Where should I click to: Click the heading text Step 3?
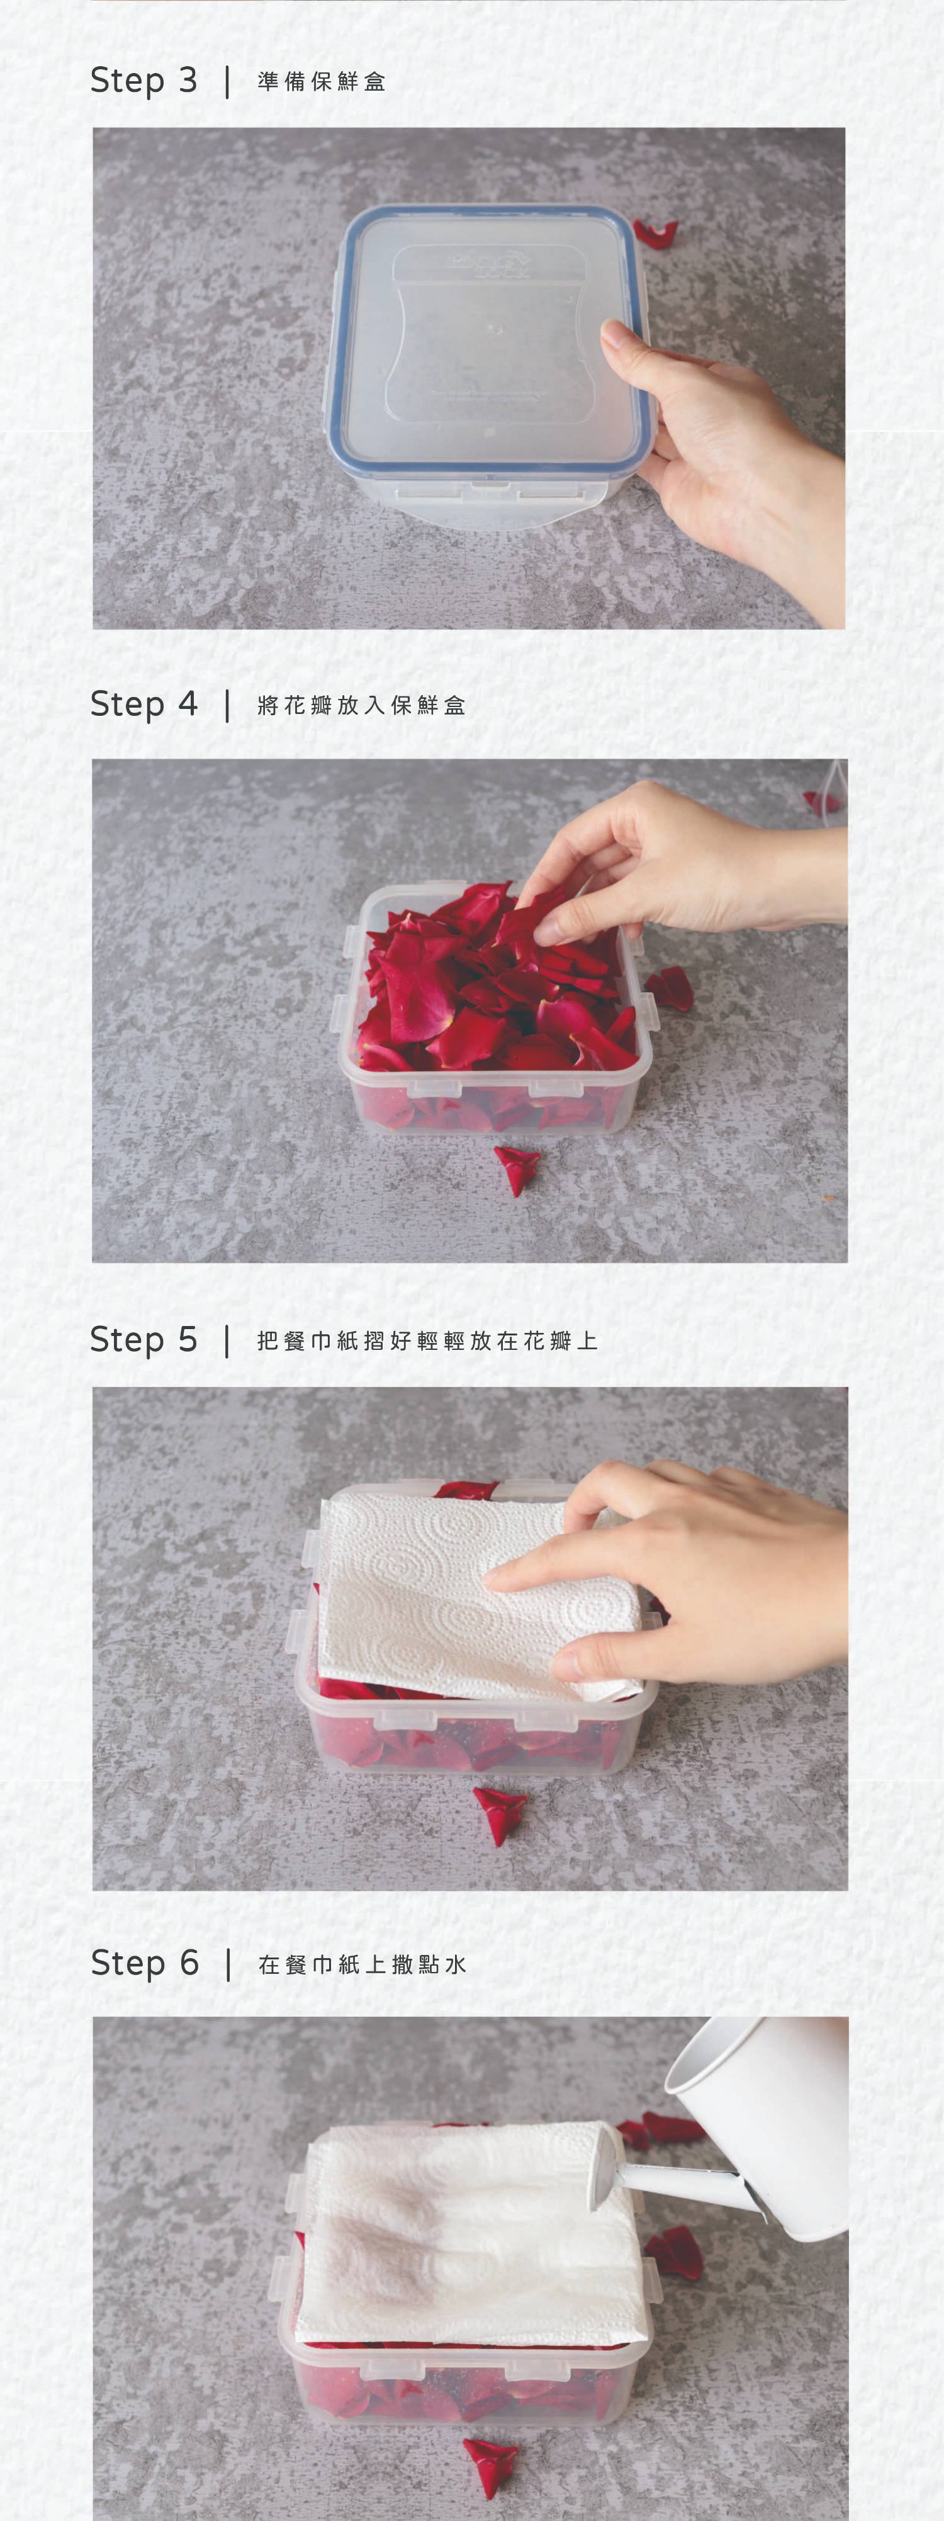(x=143, y=80)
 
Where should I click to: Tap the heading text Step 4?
(x=143, y=704)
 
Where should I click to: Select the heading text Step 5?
(x=143, y=1340)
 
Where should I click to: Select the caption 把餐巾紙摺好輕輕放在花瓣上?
(x=427, y=1340)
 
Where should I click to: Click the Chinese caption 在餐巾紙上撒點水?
(x=361, y=1964)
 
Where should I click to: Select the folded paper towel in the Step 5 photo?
(x=480, y=1593)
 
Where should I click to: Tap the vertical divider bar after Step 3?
(x=227, y=81)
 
